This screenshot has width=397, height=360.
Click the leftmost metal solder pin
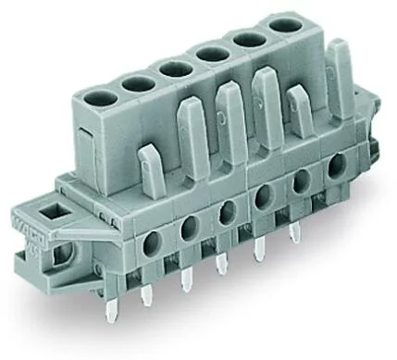pos(145,300)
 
